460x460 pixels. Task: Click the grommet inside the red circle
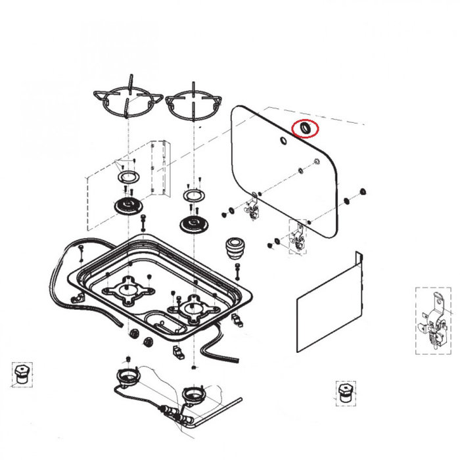(306, 128)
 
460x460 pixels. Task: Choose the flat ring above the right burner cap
(194, 195)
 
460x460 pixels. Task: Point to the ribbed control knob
(236, 248)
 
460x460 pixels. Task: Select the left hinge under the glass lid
(251, 210)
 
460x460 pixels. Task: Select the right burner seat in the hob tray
(193, 307)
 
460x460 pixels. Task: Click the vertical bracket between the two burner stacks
(156, 168)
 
